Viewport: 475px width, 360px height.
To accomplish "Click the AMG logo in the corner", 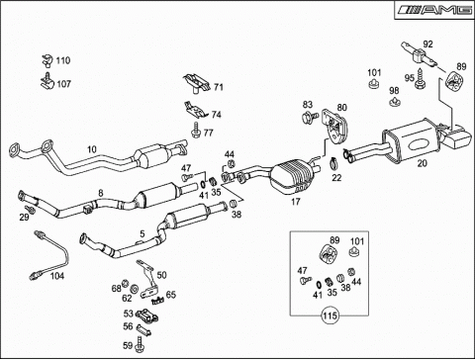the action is pyautogui.click(x=434, y=10).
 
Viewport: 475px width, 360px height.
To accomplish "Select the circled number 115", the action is pyautogui.click(x=330, y=315).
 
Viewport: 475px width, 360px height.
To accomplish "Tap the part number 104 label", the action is pyautogui.click(x=57, y=276).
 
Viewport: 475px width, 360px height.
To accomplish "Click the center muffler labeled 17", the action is pyautogui.click(x=292, y=176).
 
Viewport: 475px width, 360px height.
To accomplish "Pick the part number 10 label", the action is pyautogui.click(x=92, y=149).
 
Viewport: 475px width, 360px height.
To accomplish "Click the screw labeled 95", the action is pyautogui.click(x=421, y=79).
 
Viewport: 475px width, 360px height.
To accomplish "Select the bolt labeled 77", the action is pyautogui.click(x=196, y=130).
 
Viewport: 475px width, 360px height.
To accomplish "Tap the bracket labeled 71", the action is pyautogui.click(x=197, y=84).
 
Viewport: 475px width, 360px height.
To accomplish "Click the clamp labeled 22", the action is pyautogui.click(x=334, y=162).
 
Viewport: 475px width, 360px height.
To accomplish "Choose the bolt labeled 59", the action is pyautogui.click(x=140, y=344).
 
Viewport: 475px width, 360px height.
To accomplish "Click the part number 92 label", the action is pyautogui.click(x=427, y=45).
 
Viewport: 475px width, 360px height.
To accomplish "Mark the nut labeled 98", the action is pyautogui.click(x=395, y=102).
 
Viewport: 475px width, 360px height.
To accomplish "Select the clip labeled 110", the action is pyautogui.click(x=47, y=59).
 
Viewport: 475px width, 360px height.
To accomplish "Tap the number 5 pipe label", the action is pyautogui.click(x=142, y=234).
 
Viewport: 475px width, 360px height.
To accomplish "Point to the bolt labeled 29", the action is pyautogui.click(x=31, y=210).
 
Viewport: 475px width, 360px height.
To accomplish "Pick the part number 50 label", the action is pyautogui.click(x=161, y=275).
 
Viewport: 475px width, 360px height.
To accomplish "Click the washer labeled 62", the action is pyautogui.click(x=135, y=289).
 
